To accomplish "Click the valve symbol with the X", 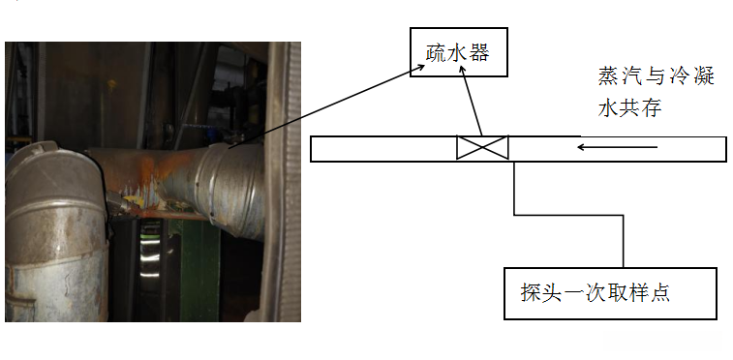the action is tap(482, 148).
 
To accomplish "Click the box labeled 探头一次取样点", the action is tap(610, 292).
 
